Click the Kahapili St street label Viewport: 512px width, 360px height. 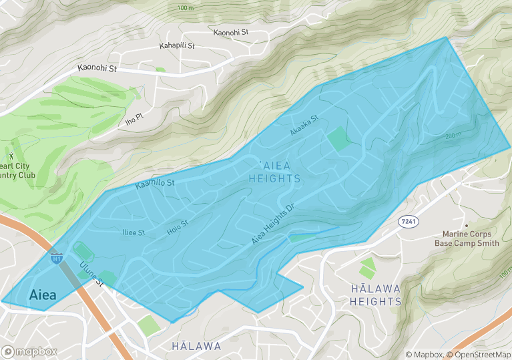(177, 46)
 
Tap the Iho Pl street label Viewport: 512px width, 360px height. (134, 116)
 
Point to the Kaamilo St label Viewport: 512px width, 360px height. (154, 184)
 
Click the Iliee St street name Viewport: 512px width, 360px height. (133, 233)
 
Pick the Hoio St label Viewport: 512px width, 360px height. (178, 228)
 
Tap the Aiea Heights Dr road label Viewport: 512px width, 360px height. (274, 223)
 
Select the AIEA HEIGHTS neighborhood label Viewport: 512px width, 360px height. (274, 172)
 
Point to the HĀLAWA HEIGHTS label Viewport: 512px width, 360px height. (376, 295)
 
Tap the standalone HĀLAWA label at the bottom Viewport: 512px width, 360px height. (196, 346)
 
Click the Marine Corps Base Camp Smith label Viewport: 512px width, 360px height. (467, 238)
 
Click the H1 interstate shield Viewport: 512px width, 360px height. (57, 256)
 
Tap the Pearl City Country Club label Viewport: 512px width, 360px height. (17, 170)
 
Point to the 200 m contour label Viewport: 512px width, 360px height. (453, 136)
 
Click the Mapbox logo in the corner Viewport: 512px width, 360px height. (29, 351)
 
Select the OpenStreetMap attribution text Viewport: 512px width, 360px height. (479, 355)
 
